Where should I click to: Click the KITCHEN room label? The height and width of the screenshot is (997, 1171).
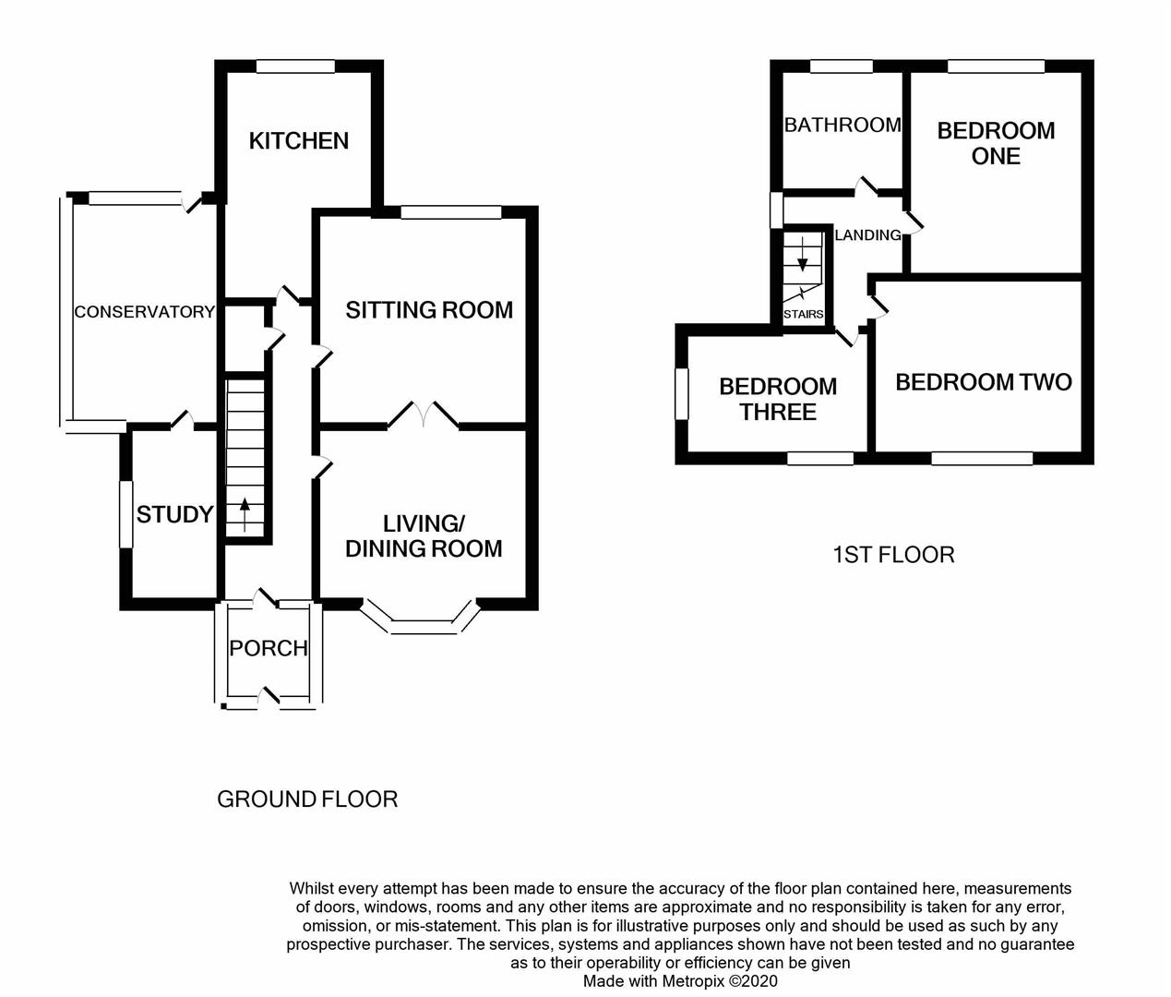pos(299,140)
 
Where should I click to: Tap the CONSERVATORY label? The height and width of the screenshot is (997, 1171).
pos(144,312)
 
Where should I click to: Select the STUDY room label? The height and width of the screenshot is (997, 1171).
pos(174,514)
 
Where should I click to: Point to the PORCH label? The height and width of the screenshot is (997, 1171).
pos(269,648)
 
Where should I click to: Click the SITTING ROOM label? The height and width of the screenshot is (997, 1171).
pos(429,310)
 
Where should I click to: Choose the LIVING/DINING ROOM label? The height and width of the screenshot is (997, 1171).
pos(424,535)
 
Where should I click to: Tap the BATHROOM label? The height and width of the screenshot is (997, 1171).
pos(842,125)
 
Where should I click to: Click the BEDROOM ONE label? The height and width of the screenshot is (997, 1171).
pos(996,143)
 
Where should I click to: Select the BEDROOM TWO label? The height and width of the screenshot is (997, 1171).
pos(983,382)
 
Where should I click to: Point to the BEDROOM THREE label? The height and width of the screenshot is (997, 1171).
pos(778,399)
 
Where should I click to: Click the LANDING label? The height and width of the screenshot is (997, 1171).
pos(867,235)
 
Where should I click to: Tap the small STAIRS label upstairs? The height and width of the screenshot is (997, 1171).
pos(803,314)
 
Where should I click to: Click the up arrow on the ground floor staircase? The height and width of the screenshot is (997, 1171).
pos(245,512)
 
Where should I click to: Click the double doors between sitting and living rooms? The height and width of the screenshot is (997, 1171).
pos(424,414)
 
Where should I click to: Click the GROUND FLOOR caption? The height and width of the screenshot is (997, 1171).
pos(307,799)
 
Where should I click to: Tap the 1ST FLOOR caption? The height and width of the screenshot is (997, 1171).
pos(893,555)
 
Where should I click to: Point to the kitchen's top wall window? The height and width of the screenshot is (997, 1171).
pos(295,66)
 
